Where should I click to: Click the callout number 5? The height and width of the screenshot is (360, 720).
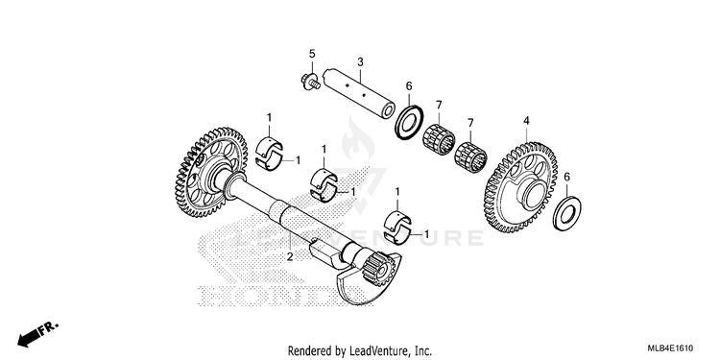click(x=312, y=54)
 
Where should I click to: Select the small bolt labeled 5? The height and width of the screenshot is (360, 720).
click(x=310, y=82)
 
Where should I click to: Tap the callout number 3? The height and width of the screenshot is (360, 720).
click(x=360, y=62)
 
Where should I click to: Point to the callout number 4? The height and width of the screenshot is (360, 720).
click(x=526, y=121)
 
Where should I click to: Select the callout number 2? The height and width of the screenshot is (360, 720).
click(x=290, y=256)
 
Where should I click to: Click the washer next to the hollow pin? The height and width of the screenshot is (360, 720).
click(x=409, y=122)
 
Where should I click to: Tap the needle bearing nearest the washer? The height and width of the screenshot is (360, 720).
click(x=438, y=139)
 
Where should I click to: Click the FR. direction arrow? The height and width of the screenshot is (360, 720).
click(x=38, y=334)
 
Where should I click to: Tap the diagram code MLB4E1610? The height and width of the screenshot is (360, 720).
click(x=671, y=348)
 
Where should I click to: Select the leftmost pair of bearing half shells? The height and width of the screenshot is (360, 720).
click(x=269, y=153)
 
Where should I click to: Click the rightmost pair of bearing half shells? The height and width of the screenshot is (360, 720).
click(x=397, y=226)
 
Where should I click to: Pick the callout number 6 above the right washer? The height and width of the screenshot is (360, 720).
click(x=566, y=177)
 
